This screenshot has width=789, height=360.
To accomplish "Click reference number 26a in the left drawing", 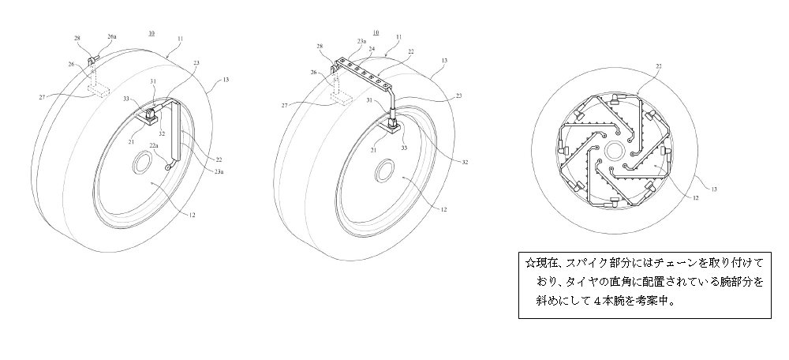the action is point(112,37).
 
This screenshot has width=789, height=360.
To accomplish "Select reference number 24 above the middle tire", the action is point(372,50).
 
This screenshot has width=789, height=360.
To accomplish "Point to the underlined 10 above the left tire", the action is point(151,34).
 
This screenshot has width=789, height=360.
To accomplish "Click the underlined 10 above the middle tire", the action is point(376,32).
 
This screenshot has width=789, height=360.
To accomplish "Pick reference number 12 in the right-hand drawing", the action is point(696,198).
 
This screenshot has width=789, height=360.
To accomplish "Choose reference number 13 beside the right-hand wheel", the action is point(713,189).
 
